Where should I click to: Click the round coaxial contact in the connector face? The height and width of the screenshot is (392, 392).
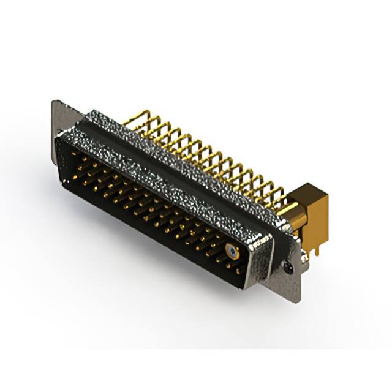(231, 251)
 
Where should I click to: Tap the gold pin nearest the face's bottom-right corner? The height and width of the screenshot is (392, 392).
(238, 270)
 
